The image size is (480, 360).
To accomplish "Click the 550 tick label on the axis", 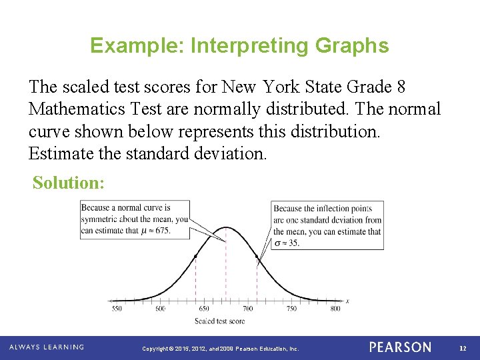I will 117,309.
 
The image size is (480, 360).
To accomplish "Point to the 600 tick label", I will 161,309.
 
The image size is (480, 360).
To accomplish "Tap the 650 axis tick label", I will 204,309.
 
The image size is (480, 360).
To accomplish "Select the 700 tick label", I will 248,309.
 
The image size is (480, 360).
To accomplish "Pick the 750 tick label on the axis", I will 291,309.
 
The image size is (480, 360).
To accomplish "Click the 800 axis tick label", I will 335,309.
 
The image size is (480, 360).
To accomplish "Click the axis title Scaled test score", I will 219,321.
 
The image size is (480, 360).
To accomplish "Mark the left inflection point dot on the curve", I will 195,256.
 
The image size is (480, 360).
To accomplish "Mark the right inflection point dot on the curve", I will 257,256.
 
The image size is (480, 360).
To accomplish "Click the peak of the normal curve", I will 226,231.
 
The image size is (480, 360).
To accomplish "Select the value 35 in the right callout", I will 293,243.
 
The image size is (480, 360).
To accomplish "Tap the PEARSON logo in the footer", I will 400,347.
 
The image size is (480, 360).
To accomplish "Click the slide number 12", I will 463,348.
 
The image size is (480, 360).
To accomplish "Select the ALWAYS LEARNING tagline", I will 47,347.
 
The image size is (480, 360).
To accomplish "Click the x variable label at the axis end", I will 347,301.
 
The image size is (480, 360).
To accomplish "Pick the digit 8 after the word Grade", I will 399,87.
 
